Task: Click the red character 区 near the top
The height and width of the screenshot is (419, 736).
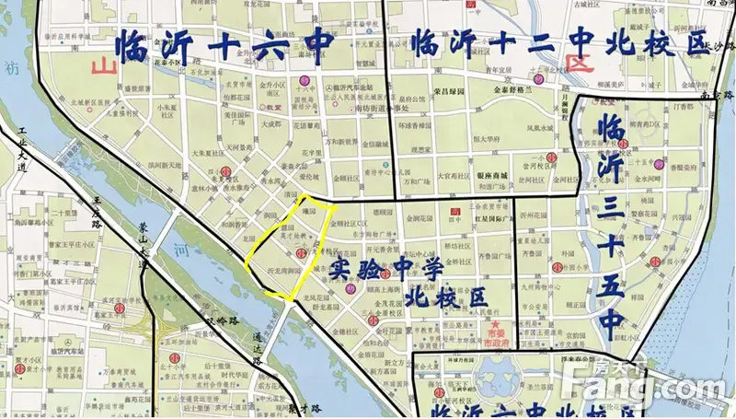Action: [x=580, y=62]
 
